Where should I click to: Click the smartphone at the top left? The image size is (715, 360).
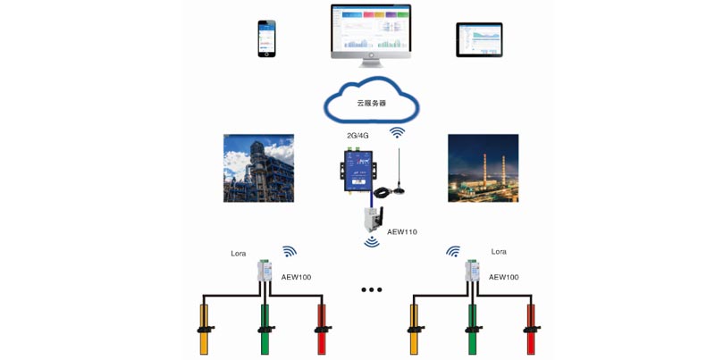[x=265, y=39]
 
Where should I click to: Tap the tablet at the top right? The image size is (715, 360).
[x=479, y=39]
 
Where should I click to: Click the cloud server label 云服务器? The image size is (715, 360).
[x=372, y=103]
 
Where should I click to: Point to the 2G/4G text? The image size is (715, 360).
[x=358, y=136]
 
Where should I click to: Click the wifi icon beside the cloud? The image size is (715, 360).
[x=397, y=132]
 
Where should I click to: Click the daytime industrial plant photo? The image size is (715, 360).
[x=258, y=168]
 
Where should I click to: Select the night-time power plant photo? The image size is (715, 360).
[x=483, y=168]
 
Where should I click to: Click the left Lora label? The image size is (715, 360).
[x=239, y=254]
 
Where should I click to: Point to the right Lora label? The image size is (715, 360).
[x=499, y=252]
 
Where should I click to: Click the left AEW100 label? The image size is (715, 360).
[x=296, y=277]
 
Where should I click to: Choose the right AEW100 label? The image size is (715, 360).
[x=503, y=277]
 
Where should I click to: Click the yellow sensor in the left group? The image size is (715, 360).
[x=204, y=326]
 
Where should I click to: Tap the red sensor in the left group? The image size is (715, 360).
[x=323, y=326]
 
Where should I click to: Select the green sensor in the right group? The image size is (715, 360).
[x=472, y=326]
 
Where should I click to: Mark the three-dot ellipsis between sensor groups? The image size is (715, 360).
[x=371, y=289]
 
